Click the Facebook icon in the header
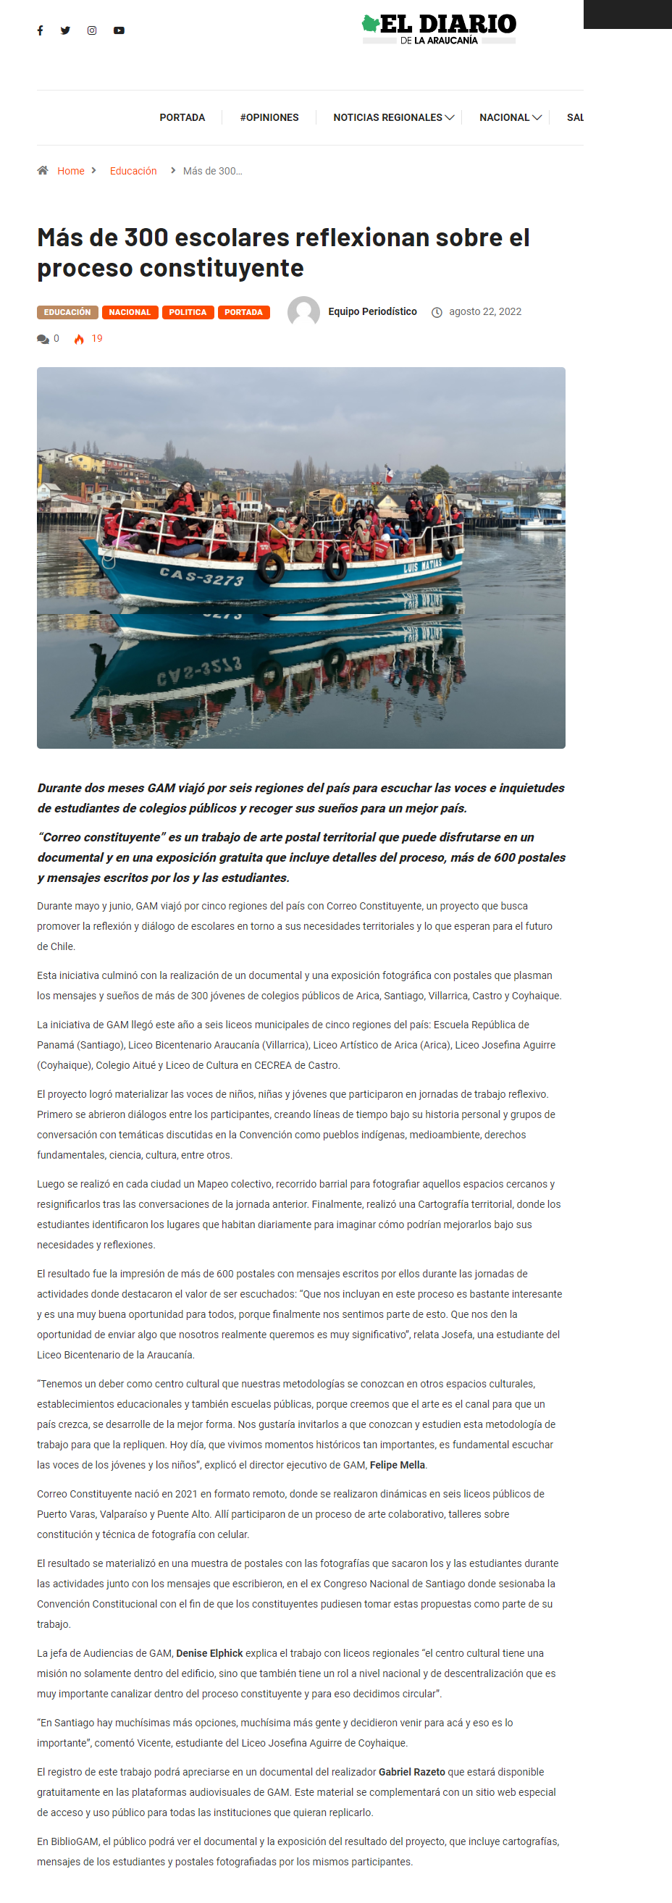click(x=40, y=30)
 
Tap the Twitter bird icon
click(x=66, y=30)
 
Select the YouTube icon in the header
click(x=119, y=30)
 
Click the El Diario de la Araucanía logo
click(x=440, y=29)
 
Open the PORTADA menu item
click(x=182, y=117)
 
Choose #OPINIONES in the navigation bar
click(x=269, y=117)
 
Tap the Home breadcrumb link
click(x=71, y=171)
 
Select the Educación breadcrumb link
click(x=133, y=171)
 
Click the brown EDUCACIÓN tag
click(x=67, y=313)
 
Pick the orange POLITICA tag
click(x=188, y=313)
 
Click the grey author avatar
click(x=303, y=312)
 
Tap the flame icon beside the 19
click(x=79, y=339)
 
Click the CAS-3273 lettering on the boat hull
click(x=201, y=576)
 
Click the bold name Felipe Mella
click(x=398, y=1465)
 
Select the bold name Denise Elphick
click(x=210, y=1653)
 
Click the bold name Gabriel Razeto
click(x=411, y=1771)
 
